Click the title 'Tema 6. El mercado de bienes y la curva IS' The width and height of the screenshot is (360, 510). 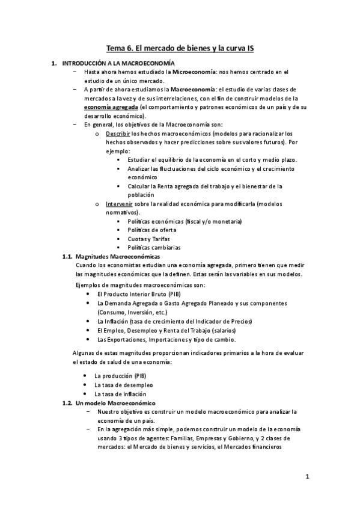[x=180, y=48]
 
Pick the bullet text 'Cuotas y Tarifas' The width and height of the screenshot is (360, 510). [x=148, y=239]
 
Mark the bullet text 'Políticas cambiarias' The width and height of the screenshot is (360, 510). [x=154, y=248]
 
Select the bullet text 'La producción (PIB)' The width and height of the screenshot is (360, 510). [x=121, y=375]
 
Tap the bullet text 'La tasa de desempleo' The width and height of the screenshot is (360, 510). [x=123, y=384]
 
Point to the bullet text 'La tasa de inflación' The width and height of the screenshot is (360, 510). [x=120, y=393]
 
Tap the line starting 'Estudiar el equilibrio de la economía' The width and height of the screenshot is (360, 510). [x=212, y=159]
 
